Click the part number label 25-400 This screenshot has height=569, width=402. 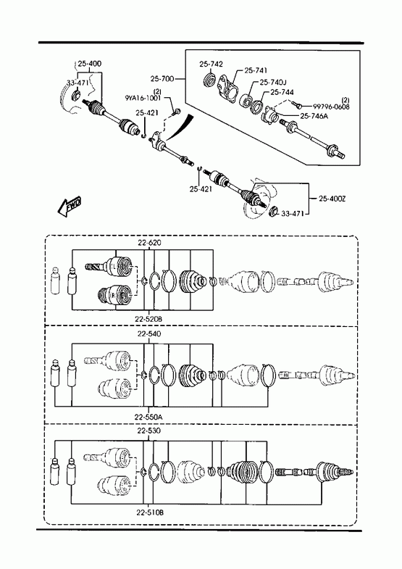90,64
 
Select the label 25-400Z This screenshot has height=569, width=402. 332,199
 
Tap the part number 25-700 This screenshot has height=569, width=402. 162,78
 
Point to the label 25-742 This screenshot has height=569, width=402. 211,65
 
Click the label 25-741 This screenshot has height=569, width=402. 256,70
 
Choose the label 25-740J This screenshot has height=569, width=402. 272,83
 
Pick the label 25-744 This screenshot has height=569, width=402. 282,93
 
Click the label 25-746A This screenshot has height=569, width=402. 314,116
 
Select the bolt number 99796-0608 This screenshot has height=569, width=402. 331,107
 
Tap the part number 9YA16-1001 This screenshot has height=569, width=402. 143,98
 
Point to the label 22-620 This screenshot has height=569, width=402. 149,242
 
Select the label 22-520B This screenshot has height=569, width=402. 148,319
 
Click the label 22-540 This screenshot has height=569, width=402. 149,334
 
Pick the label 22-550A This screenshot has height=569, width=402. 148,418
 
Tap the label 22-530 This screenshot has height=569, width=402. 149,431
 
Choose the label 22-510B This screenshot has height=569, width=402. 150,512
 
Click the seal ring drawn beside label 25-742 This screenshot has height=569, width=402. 209,80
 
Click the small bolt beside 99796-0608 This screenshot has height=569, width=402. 296,105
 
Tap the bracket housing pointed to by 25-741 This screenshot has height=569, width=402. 227,88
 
